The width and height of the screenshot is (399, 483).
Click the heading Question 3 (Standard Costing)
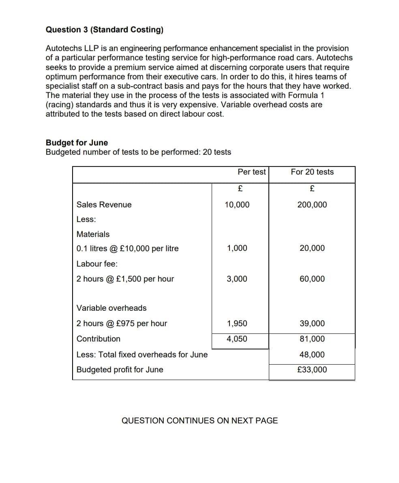point(105,30)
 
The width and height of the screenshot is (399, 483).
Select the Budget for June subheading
point(77,143)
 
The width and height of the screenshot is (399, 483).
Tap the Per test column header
point(251,172)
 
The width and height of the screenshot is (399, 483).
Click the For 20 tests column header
point(312,172)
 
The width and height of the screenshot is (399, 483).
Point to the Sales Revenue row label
point(104,205)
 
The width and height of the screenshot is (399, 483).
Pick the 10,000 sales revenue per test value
point(237,205)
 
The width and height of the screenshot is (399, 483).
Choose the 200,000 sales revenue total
point(312,205)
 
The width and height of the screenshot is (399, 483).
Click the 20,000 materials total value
point(312,248)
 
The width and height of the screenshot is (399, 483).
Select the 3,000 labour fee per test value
point(237,279)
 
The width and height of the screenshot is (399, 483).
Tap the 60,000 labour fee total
point(312,279)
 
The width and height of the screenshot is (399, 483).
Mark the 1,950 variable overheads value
point(237,323)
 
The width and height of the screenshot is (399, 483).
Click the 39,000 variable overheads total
point(312,323)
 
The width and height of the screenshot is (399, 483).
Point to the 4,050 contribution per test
point(237,339)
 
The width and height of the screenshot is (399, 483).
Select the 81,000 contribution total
point(312,339)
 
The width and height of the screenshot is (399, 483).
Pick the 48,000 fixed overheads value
point(312,355)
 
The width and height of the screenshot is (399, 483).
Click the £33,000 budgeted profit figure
point(312,370)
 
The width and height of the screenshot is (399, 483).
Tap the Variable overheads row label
point(112,308)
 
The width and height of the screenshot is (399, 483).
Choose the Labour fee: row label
point(97,264)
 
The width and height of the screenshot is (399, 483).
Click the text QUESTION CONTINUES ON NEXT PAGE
point(199,421)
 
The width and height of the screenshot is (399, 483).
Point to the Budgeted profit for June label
point(120,370)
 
